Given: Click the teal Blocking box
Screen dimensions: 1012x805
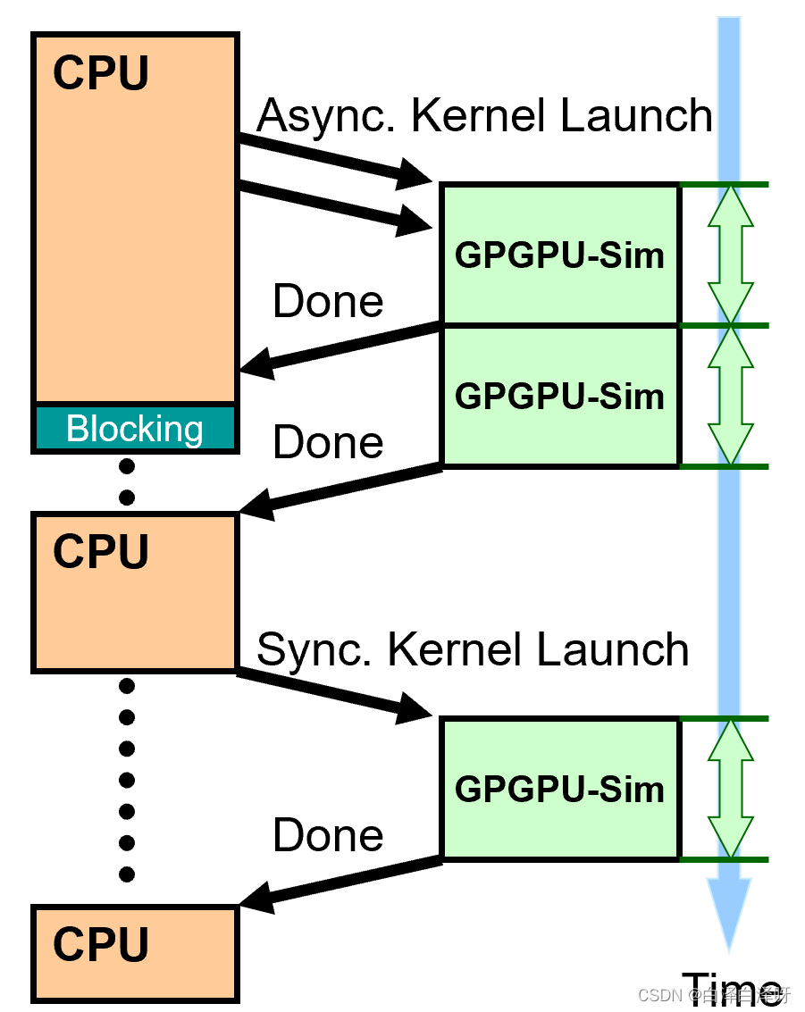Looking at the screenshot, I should (x=135, y=429).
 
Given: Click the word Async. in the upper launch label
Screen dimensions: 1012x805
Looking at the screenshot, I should (x=322, y=115).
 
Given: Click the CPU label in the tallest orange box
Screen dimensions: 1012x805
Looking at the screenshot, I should (x=100, y=73).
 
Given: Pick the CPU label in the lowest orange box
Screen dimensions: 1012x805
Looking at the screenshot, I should (x=100, y=944).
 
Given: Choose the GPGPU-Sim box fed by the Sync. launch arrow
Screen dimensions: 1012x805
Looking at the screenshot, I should (x=559, y=789).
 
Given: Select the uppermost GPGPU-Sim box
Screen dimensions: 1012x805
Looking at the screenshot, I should (x=559, y=255).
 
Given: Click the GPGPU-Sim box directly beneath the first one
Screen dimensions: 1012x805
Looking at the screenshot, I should (x=559, y=396).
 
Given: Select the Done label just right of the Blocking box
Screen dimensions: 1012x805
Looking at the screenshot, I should (x=328, y=442).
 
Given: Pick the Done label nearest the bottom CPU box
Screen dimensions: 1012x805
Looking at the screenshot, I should (x=328, y=835).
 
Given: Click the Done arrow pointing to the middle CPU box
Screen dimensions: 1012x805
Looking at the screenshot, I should (x=340, y=489).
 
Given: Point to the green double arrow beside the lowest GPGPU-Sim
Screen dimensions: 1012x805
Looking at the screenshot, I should (x=730, y=789).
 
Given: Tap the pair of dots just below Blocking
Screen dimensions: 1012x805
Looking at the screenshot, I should (x=127, y=481).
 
